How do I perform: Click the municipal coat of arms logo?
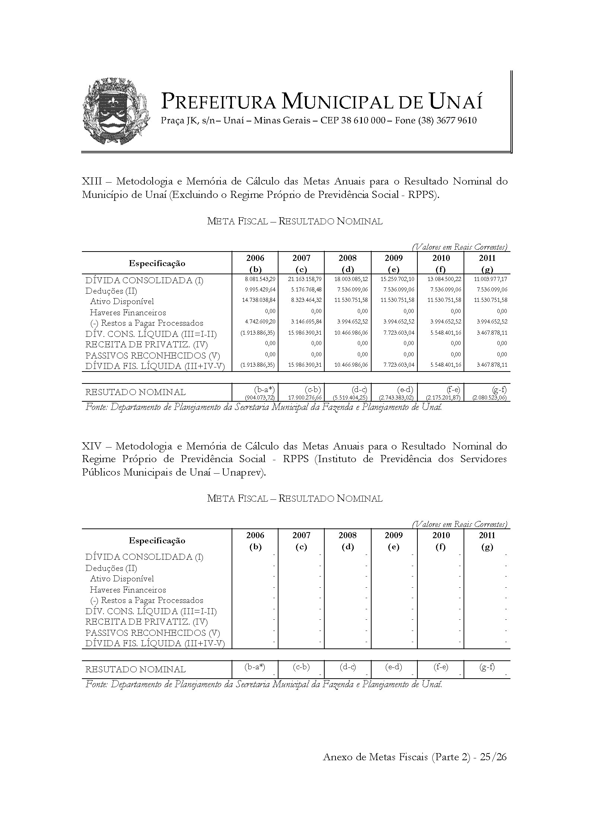[116, 111]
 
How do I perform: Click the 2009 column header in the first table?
[394, 258]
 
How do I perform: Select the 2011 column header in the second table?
[487, 536]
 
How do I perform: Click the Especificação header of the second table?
[157, 541]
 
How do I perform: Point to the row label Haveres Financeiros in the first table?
[128, 312]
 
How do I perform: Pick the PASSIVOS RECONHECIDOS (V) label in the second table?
[152, 633]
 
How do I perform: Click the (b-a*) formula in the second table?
[255, 667]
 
